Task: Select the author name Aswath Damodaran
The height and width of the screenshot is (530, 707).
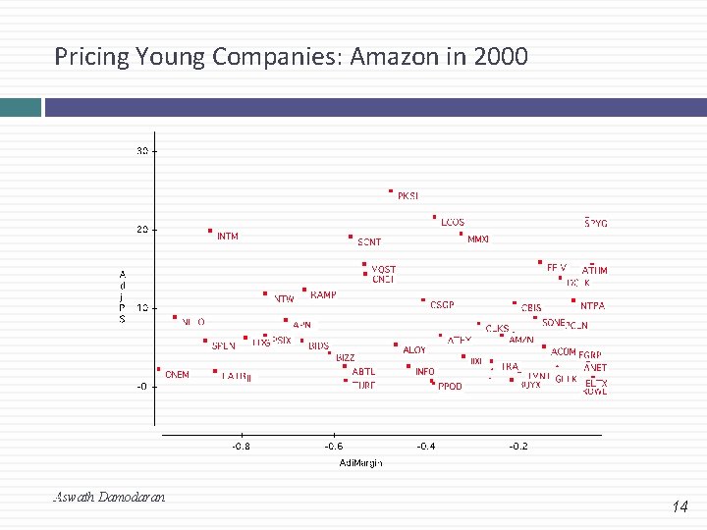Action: (109, 497)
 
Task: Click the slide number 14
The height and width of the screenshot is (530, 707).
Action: (680, 507)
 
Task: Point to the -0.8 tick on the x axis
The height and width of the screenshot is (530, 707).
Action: (241, 446)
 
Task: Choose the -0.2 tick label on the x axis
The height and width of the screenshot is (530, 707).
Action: (517, 446)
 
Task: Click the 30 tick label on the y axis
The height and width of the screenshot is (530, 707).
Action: (142, 151)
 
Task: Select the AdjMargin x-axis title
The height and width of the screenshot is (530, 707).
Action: (360, 462)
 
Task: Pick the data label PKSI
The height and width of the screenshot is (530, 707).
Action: (408, 196)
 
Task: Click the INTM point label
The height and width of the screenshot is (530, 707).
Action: (227, 237)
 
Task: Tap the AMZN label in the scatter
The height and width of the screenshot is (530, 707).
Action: (521, 340)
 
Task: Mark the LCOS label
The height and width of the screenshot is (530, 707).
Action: (453, 223)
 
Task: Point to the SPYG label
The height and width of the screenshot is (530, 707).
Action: (596, 224)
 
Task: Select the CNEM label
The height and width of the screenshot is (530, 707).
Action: (177, 375)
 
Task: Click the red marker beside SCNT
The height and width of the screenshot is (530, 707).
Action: (351, 237)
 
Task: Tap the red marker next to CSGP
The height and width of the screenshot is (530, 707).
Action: (423, 300)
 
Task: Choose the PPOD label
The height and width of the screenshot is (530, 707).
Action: (450, 387)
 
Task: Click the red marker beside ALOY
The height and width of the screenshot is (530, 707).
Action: (396, 345)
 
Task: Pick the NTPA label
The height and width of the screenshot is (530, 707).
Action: (592, 306)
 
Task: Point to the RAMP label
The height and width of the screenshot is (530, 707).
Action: (323, 294)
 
